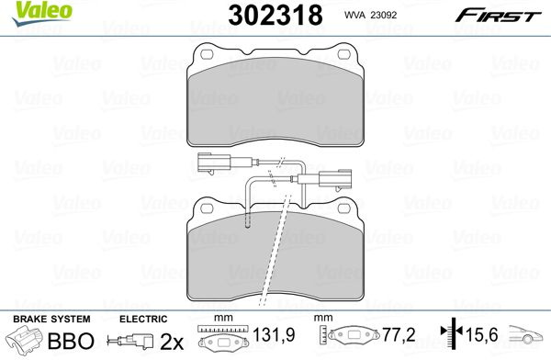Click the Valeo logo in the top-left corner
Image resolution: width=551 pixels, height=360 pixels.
tap(42, 13)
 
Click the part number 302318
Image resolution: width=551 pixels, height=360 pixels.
tap(275, 16)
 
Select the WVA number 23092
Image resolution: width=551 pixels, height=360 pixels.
tap(382, 15)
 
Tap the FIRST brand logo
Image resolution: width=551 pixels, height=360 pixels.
tap(499, 16)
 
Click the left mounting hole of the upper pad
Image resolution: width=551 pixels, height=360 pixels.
tap(207, 54)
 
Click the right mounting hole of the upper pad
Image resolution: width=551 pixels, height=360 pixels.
tap(343, 54)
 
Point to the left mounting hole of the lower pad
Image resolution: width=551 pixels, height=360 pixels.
tap(207, 208)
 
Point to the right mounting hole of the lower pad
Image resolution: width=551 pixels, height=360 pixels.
tap(343, 208)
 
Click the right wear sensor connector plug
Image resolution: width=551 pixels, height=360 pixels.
tap(335, 179)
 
